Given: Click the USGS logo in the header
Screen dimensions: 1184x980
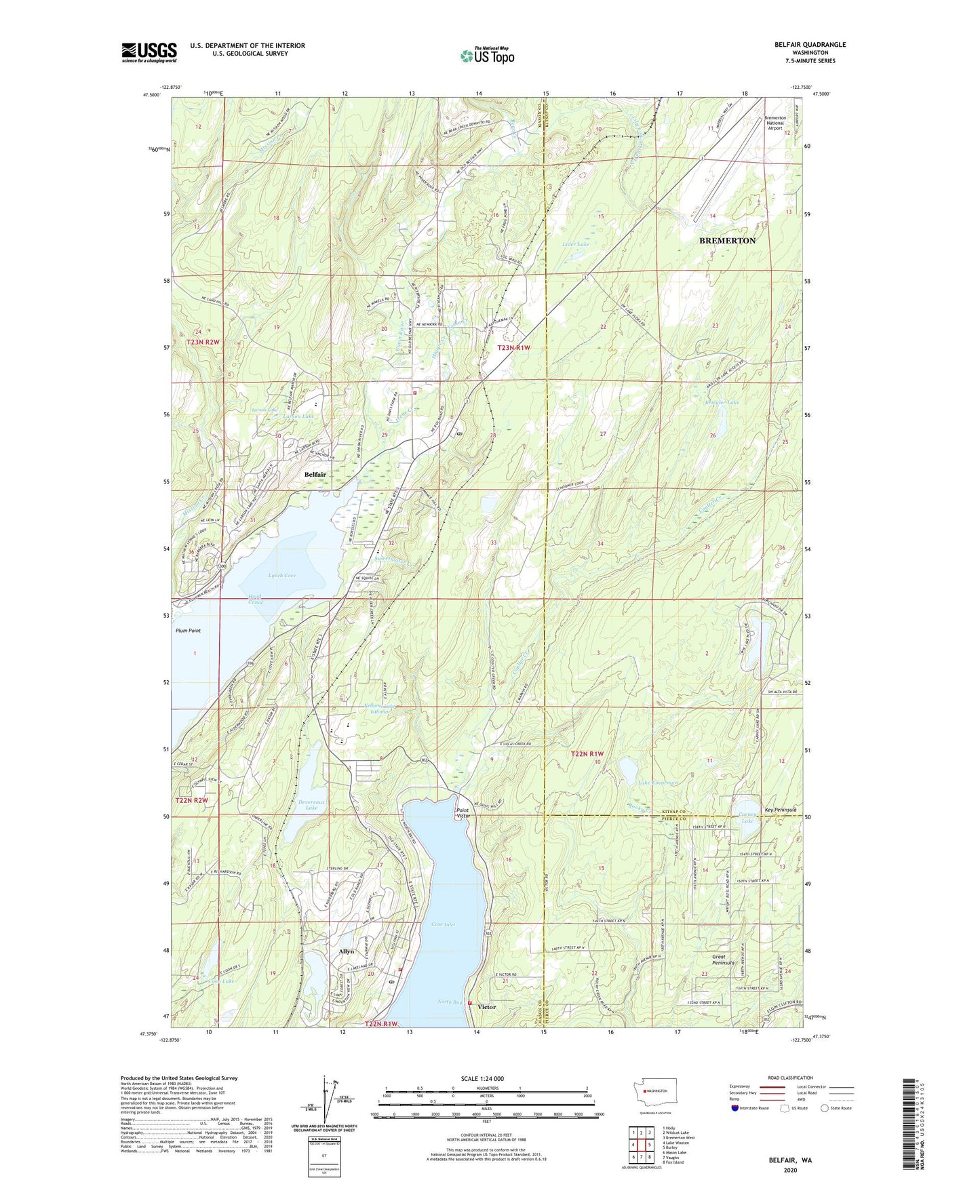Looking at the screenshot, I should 149,52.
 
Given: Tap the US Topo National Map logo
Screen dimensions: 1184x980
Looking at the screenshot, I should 487,55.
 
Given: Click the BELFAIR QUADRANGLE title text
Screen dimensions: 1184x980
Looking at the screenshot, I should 810,45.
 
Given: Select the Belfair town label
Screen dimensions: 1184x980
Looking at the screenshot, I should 315,474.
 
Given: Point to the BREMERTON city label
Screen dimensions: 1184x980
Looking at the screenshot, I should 727,241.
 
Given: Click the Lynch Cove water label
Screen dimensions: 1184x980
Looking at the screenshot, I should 282,575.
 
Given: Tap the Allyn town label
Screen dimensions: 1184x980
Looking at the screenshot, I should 347,951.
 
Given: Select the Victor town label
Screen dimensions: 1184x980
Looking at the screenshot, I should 486,1007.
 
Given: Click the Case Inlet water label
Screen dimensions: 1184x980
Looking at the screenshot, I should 444,924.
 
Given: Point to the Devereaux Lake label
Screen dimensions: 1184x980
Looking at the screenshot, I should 311,805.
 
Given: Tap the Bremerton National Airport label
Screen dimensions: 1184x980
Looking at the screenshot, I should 775,123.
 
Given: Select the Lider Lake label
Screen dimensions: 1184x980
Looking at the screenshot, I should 576,244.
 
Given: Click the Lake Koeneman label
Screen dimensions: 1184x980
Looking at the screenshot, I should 658,783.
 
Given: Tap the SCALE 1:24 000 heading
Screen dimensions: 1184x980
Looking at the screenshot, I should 482,1078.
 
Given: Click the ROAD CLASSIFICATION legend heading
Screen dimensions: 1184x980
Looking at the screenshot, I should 790,1078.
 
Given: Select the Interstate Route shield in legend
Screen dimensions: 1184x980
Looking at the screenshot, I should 735,1108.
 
